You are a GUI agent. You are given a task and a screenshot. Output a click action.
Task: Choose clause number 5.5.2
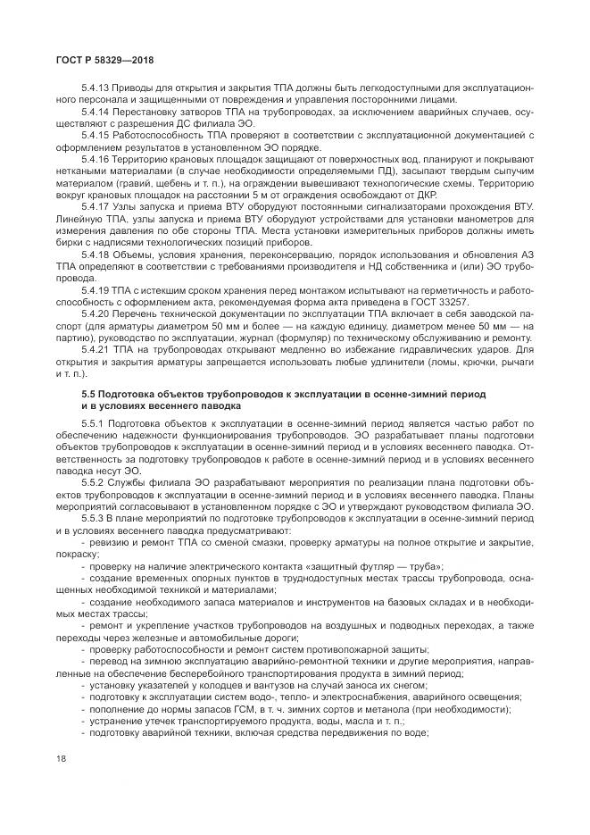[x=94, y=483]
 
